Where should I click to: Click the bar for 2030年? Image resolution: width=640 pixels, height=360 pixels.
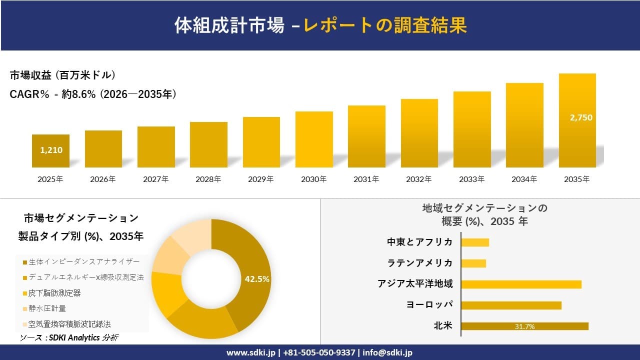click(314, 139)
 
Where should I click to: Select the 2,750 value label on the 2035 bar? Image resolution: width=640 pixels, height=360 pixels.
click(580, 118)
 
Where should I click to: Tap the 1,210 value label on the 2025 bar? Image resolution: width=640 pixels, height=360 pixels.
click(51, 149)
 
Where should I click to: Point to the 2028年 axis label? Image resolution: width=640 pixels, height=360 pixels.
click(208, 179)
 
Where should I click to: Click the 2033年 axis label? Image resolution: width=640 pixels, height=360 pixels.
click(472, 179)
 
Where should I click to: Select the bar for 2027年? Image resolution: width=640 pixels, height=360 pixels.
click(156, 147)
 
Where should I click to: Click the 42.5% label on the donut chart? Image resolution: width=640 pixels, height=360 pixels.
click(257, 279)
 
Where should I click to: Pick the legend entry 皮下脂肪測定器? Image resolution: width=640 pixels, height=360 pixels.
click(54, 293)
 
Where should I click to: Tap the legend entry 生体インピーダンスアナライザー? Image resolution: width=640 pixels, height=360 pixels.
click(84, 261)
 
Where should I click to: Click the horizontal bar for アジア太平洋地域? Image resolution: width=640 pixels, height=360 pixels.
click(521, 284)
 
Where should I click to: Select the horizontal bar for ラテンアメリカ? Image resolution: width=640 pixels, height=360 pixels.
click(473, 263)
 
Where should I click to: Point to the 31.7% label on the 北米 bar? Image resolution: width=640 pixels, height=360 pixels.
click(524, 326)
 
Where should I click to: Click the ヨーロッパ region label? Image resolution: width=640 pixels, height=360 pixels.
click(429, 305)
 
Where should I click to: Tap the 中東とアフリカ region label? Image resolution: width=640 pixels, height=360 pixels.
click(419, 242)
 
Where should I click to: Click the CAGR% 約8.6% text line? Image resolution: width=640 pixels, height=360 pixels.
click(93, 94)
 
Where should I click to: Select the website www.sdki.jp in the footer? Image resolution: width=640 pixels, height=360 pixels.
click(250, 352)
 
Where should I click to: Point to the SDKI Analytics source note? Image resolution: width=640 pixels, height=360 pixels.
click(69, 338)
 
